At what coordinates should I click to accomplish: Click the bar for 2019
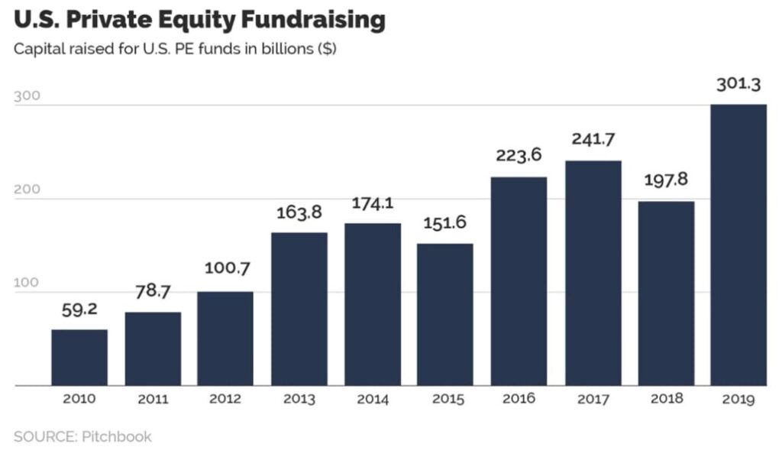coord(738,245)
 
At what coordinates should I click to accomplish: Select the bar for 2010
coord(79,357)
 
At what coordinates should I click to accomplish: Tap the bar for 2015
coord(445,314)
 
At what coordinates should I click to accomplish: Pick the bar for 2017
coord(593,273)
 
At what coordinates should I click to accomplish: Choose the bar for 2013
coord(299,309)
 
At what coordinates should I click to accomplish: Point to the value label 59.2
coord(79,312)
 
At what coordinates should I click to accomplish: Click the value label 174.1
coord(373,205)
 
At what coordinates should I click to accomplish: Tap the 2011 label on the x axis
coord(153,400)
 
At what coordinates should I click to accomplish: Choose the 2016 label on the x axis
coord(519,399)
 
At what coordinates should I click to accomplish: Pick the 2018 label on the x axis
coord(667,399)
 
